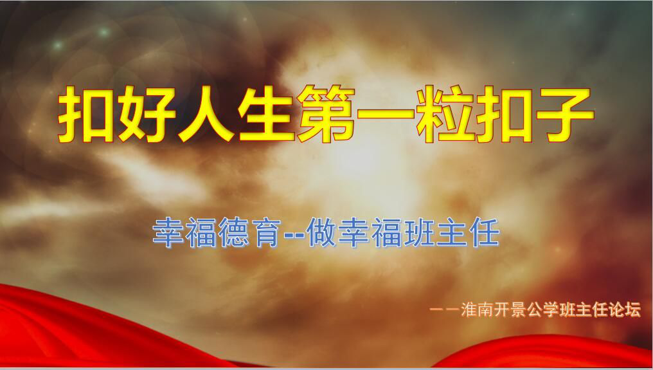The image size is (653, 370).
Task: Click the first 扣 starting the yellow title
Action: [x=85, y=115]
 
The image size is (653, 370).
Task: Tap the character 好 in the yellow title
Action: [x=146, y=115]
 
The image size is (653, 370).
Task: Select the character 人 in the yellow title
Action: [x=206, y=115]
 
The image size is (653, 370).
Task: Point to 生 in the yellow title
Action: [x=267, y=115]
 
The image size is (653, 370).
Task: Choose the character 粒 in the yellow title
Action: [x=445, y=115]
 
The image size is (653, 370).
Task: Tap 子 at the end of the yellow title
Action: [x=565, y=115]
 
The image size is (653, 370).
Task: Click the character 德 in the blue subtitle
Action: [x=233, y=232]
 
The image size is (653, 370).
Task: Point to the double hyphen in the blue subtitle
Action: [x=294, y=234]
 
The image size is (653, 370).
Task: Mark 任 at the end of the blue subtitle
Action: [x=485, y=232]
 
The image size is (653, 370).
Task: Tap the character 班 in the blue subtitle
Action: [x=419, y=232]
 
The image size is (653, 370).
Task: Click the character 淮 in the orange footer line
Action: [x=469, y=310]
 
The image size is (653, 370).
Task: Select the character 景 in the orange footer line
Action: [x=518, y=310]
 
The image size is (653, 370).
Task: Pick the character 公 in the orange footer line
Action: [x=534, y=310]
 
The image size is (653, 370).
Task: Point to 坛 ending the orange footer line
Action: [x=632, y=310]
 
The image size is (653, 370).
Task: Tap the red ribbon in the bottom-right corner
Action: [x=554, y=353]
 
